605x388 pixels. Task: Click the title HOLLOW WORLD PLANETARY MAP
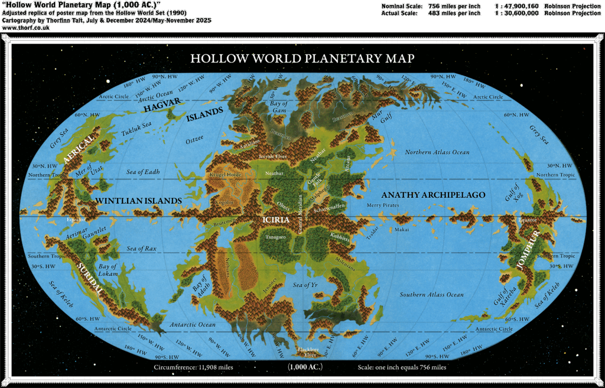click(x=302, y=58)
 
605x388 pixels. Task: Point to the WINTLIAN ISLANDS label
click(x=138, y=201)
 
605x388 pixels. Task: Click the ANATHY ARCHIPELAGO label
click(x=433, y=195)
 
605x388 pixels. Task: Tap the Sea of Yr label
click(x=305, y=285)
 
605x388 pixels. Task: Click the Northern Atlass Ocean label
click(x=437, y=152)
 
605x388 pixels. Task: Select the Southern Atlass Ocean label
click(x=431, y=295)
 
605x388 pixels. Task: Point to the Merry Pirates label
click(x=383, y=205)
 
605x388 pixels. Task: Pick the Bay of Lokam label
click(x=108, y=270)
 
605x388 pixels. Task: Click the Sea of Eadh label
click(x=143, y=172)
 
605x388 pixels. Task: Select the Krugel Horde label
click(x=223, y=175)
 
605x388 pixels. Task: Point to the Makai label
click(x=401, y=229)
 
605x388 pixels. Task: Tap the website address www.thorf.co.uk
click(x=17, y=28)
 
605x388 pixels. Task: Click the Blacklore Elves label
click(x=307, y=352)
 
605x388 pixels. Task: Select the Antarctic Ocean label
click(x=193, y=325)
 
